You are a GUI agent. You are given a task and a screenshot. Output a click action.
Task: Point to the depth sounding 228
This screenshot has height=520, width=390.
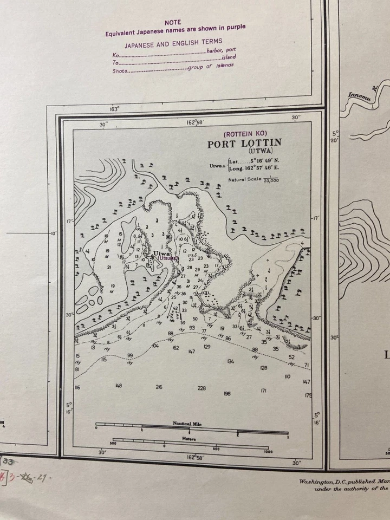click(x=201, y=388)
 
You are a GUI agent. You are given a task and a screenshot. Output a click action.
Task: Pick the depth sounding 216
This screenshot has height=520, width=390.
click(x=159, y=387)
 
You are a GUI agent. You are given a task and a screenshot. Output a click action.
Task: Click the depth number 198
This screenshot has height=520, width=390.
click(x=227, y=394)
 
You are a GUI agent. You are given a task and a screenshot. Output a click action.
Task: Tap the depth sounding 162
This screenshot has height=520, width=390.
click(x=175, y=348)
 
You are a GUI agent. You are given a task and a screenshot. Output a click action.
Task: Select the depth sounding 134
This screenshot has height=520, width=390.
click(x=231, y=361)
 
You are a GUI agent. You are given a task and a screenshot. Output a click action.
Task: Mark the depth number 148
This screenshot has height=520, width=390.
click(x=119, y=386)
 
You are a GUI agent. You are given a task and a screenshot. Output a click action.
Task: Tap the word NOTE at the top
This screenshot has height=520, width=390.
click(x=173, y=22)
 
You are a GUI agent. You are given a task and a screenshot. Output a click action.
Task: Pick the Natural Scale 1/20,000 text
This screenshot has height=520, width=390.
click(x=253, y=180)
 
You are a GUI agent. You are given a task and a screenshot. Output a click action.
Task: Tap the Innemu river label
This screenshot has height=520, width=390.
click(x=358, y=96)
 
